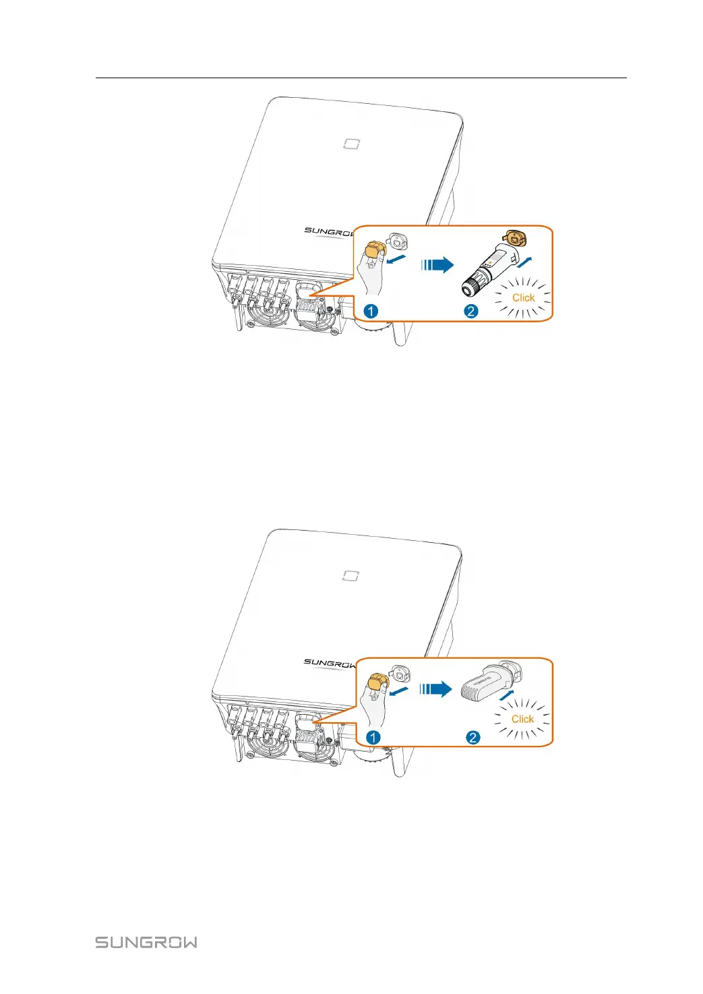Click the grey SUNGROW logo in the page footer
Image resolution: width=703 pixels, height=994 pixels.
tap(146, 942)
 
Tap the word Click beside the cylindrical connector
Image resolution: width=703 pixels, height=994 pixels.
tap(523, 297)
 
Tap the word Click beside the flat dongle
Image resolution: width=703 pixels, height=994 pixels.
tap(522, 719)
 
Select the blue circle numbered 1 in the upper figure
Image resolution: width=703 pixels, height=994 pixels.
tap(371, 311)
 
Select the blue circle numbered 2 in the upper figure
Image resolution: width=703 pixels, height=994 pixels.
tap(471, 311)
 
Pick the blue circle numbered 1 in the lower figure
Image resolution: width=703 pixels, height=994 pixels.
tap(373, 737)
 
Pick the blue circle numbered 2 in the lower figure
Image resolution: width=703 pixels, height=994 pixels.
tap(473, 737)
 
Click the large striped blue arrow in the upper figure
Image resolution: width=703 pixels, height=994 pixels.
tap(437, 265)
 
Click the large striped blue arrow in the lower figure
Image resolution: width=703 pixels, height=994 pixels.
tap(435, 689)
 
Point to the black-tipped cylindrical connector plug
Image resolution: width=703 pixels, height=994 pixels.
tap(482, 274)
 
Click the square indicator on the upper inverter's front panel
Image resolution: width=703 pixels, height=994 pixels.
tap(351, 144)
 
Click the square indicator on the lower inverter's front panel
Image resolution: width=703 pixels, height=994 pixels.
tap(351, 575)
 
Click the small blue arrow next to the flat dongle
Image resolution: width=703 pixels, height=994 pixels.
tap(507, 695)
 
